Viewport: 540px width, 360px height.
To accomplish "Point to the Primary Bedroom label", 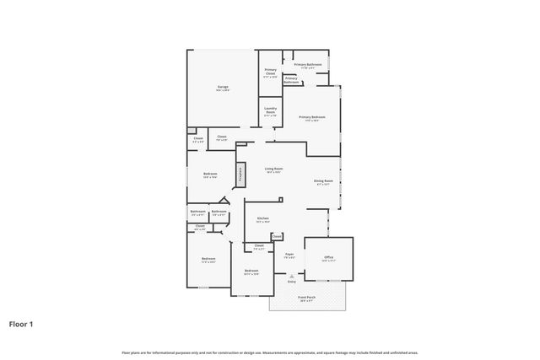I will coord(311,119).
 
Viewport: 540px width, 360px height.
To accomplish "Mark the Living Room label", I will coord(273,170).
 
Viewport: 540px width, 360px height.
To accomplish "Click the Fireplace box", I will coord(240,175).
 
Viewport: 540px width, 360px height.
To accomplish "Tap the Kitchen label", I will coord(262,220).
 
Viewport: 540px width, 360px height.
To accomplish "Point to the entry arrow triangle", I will coord(291,276).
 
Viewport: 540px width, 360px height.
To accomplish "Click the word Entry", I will coord(291,282).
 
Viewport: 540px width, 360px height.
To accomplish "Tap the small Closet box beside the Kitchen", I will coord(277,237).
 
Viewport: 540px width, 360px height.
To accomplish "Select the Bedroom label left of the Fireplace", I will coord(210,175).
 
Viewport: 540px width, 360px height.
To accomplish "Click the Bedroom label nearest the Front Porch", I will coord(251,271).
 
